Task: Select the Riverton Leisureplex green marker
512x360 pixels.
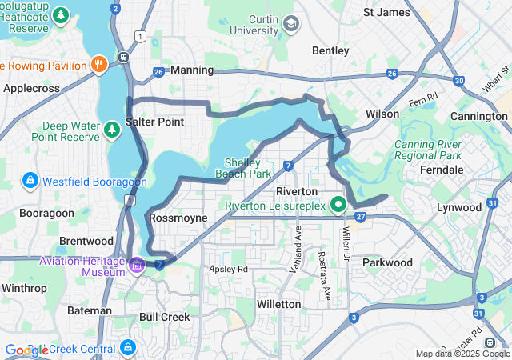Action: (338, 204)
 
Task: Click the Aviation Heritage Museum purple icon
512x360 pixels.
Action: (138, 265)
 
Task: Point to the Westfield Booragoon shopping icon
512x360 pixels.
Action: (30, 180)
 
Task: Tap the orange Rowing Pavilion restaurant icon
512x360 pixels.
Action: (100, 64)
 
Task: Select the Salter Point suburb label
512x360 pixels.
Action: (155, 122)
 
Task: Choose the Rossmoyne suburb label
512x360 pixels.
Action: (178, 218)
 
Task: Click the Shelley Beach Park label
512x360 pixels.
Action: (243, 166)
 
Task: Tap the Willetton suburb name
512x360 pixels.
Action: (278, 304)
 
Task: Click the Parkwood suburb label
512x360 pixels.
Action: (387, 262)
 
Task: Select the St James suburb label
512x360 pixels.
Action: (387, 12)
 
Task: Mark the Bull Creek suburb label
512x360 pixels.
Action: (165, 317)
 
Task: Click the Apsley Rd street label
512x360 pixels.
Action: (228, 270)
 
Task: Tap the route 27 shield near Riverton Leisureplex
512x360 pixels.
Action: (361, 217)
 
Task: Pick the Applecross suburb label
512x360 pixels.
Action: (32, 88)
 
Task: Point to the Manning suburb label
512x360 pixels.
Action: (192, 70)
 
